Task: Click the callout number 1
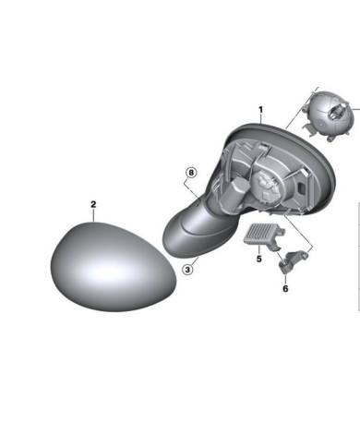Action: click(260, 110)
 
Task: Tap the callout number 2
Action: click(93, 204)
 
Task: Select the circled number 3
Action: click(188, 270)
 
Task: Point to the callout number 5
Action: click(259, 259)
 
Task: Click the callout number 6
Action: click(285, 289)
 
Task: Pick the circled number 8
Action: click(191, 173)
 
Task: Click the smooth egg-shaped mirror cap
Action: click(114, 267)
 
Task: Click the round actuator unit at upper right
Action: click(330, 115)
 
